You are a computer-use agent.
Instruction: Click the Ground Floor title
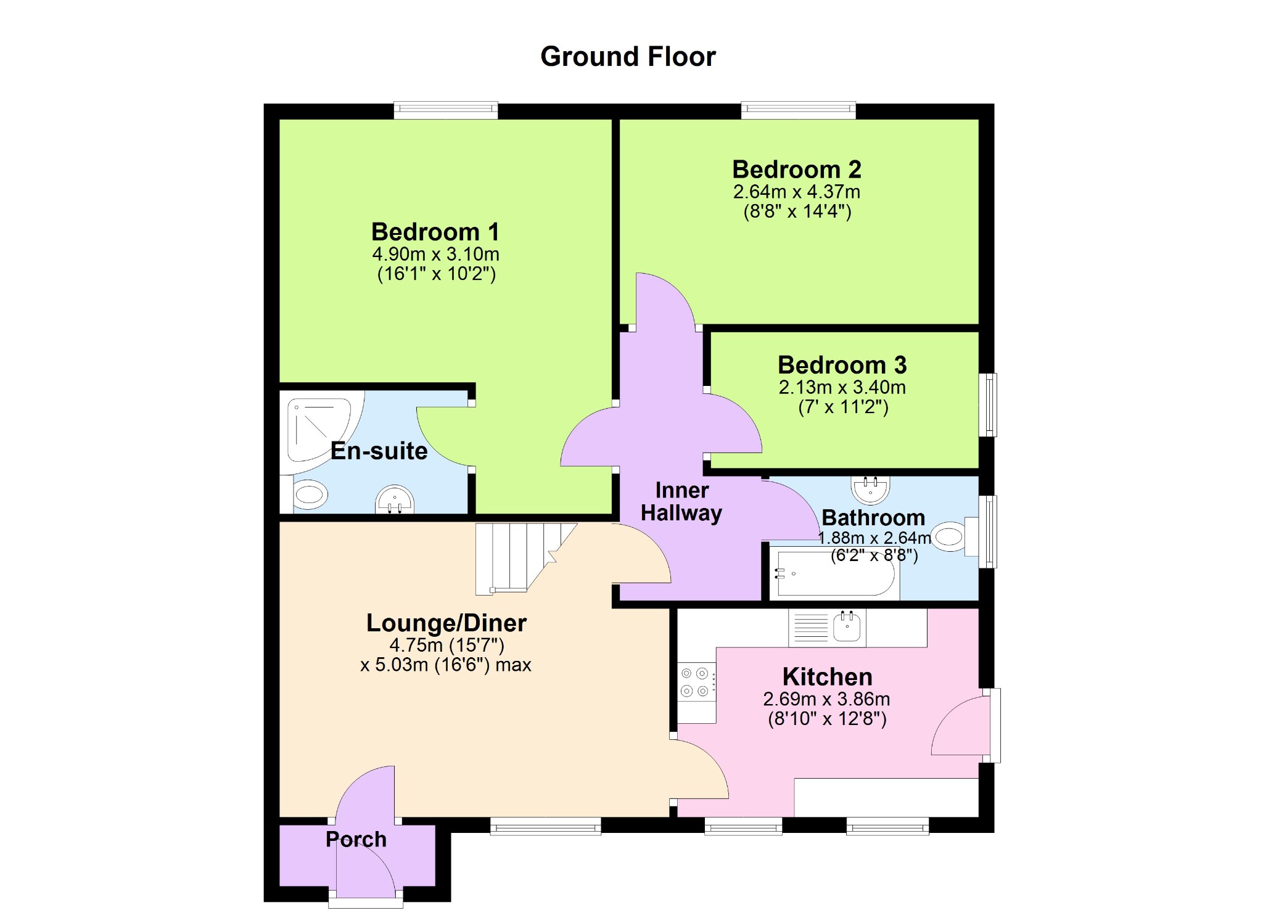pyautogui.click(x=628, y=57)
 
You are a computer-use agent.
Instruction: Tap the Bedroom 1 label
pyautogui.click(x=435, y=232)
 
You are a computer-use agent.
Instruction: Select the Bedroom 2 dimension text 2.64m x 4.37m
pyautogui.click(x=796, y=192)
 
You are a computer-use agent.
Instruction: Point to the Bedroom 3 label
pyautogui.click(x=842, y=365)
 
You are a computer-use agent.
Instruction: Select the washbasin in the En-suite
pyautogui.click(x=395, y=500)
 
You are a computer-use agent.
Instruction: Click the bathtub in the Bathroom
pyautogui.click(x=834, y=573)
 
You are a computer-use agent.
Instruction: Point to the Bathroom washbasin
pyautogui.click(x=870, y=489)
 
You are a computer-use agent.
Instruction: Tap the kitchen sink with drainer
pyautogui.click(x=828, y=628)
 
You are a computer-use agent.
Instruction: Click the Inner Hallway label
pyautogui.click(x=681, y=502)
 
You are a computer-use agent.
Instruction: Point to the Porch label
pyautogui.click(x=356, y=840)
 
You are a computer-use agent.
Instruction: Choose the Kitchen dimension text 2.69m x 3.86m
pyautogui.click(x=826, y=699)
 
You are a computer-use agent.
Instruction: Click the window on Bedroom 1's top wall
pyautogui.click(x=446, y=111)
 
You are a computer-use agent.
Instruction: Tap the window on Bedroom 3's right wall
pyautogui.click(x=988, y=404)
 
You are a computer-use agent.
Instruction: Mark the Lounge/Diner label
pyautogui.click(x=446, y=623)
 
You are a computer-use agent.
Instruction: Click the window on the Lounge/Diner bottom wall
pyautogui.click(x=546, y=826)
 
